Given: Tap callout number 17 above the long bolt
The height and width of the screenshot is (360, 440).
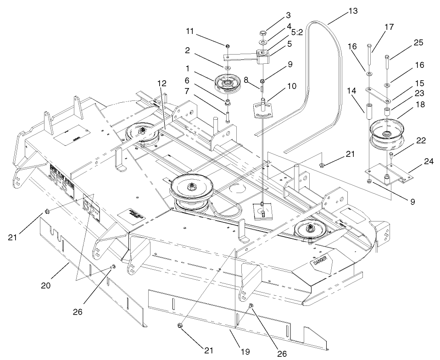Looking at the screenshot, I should pyautogui.click(x=389, y=27).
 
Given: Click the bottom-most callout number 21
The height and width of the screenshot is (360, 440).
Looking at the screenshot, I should pyautogui.click(x=208, y=350).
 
